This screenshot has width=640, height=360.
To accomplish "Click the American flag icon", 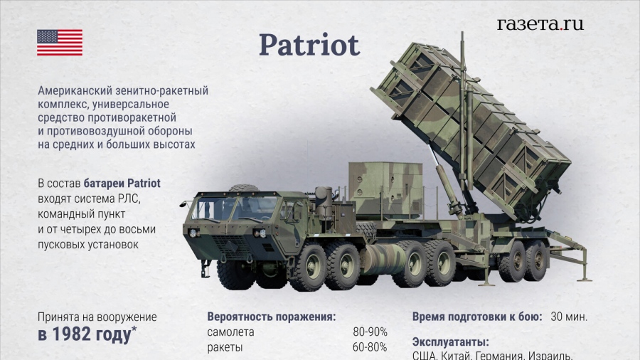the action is (60, 43).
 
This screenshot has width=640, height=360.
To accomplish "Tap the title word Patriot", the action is (309, 45).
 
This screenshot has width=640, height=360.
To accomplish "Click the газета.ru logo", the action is (540, 24).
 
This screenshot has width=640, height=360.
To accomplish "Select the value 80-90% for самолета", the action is (370, 332).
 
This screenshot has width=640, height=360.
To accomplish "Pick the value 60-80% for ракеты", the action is (370, 347).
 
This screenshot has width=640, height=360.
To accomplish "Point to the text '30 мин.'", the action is (569, 317).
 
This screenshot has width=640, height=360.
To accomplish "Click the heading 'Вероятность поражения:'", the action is (272, 317).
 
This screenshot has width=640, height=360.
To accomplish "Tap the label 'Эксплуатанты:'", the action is (451, 342).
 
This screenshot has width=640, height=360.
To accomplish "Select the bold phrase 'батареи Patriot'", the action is (122, 184).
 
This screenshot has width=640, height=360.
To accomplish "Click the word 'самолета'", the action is (230, 332).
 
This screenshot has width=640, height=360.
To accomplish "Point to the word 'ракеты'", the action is (225, 348).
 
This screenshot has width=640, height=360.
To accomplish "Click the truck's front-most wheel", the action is (236, 272).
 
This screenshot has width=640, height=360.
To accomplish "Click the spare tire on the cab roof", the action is (245, 188).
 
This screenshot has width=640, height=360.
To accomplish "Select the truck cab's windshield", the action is (234, 208).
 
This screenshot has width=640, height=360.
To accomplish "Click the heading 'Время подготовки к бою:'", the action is (477, 317).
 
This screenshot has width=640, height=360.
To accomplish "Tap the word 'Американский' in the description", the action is (76, 90).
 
